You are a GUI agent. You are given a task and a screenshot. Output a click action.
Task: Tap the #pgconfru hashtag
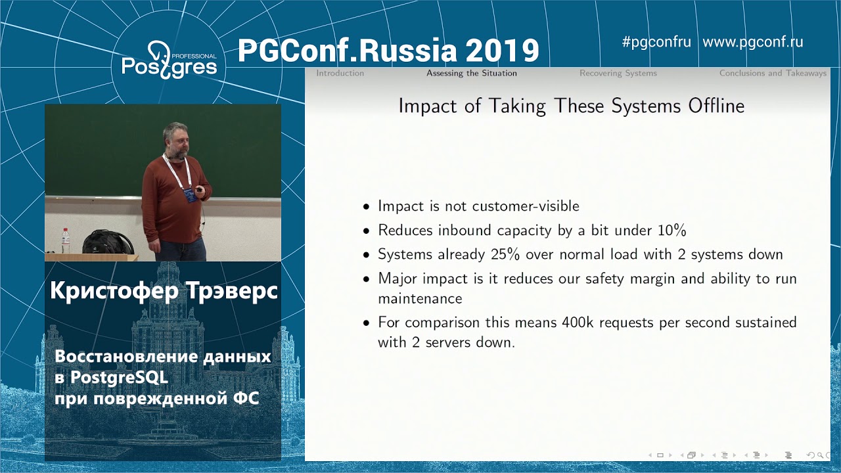[656, 42]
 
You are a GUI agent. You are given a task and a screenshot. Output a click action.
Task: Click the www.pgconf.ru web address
[752, 42]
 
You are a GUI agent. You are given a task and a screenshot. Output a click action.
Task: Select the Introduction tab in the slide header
[340, 73]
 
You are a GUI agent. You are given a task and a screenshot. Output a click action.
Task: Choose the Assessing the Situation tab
[471, 73]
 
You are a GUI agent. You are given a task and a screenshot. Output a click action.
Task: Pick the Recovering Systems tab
[618, 73]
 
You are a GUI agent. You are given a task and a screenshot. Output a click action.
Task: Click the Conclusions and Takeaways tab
[772, 73]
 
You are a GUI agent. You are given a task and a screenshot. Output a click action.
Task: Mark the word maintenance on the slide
[420, 299]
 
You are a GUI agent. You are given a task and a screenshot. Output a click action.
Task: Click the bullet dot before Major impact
[367, 279]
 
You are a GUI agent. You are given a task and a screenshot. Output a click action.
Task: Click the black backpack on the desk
[108, 242]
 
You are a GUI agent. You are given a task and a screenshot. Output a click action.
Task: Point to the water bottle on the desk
[65, 240]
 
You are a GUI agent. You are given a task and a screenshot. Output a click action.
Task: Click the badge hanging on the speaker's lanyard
[190, 194]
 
